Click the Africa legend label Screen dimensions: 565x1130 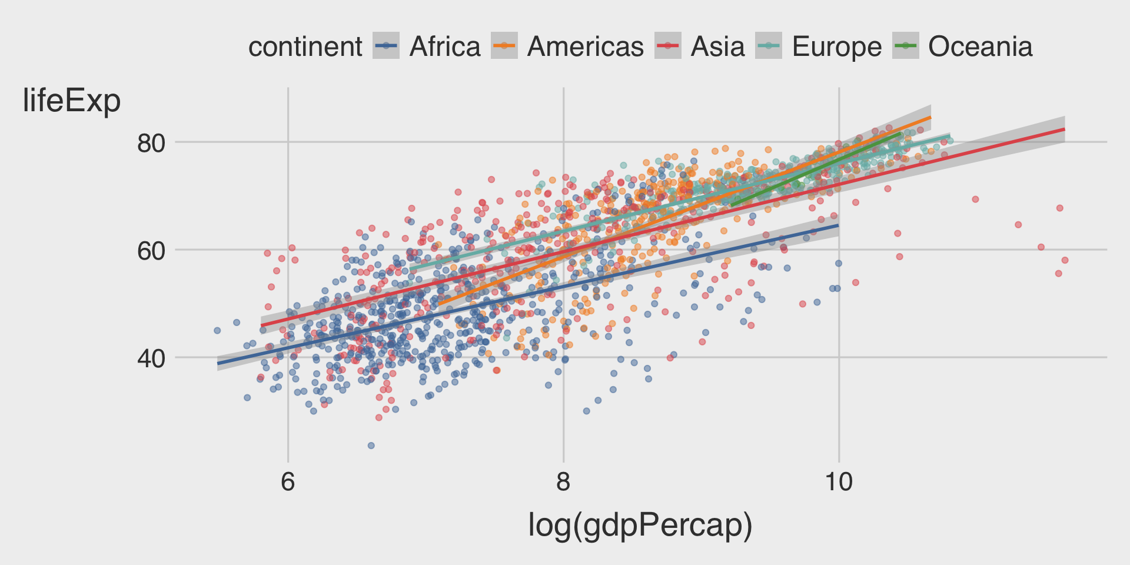pos(445,46)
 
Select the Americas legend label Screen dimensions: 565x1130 pos(585,46)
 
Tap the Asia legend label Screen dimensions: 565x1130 pos(717,46)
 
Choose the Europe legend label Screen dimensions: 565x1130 pos(836,46)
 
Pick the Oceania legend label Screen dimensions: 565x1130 pos(980,46)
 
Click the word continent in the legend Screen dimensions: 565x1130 pos(305,46)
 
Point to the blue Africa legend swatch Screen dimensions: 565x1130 pos(386,46)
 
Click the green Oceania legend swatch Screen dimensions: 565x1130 pos(905,46)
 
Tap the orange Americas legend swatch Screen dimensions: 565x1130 pos(504,46)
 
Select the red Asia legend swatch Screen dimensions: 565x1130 pos(668,46)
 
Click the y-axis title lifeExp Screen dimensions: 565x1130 pos(71,101)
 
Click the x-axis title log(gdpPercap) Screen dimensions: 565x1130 pos(640,525)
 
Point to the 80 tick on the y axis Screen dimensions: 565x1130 pos(151,142)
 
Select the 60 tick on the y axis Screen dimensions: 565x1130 pos(151,250)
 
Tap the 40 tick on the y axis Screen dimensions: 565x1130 pos(151,358)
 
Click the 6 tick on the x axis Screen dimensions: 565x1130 pos(288,482)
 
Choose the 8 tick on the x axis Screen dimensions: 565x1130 pos(563,482)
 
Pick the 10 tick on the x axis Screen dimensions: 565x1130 pos(838,482)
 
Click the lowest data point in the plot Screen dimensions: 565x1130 pos(371,446)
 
